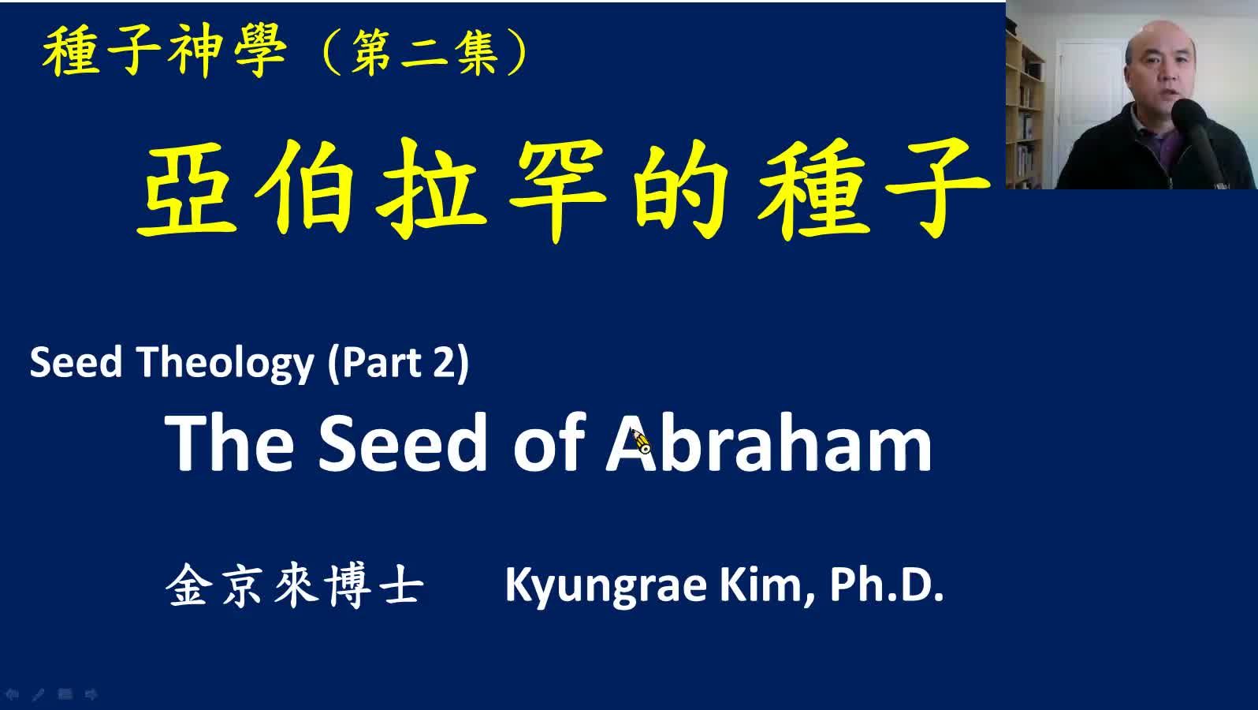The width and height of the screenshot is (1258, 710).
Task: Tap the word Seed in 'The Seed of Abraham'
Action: (x=402, y=443)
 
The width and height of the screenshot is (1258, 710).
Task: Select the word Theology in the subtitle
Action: (x=225, y=363)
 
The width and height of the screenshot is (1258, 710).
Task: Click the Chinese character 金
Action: (x=189, y=585)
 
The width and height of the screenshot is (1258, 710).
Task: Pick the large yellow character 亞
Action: (x=187, y=189)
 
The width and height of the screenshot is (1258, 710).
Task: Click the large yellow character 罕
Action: (x=558, y=189)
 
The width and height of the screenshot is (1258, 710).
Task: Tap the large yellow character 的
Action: (x=681, y=189)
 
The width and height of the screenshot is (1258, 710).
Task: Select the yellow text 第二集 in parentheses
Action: (x=425, y=53)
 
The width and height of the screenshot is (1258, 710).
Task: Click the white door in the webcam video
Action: (x=1089, y=106)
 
